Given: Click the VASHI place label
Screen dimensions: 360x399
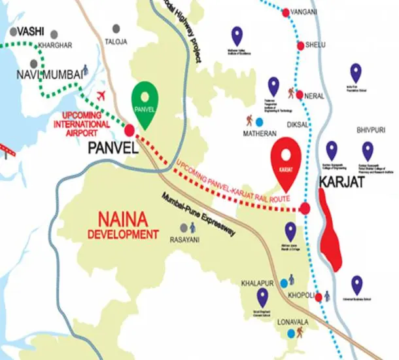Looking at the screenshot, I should point(31,31).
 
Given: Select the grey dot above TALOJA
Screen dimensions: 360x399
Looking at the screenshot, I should point(116,29).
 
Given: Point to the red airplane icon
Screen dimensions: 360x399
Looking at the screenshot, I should point(101,96).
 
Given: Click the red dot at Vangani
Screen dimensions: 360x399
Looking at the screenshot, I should point(286,12).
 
